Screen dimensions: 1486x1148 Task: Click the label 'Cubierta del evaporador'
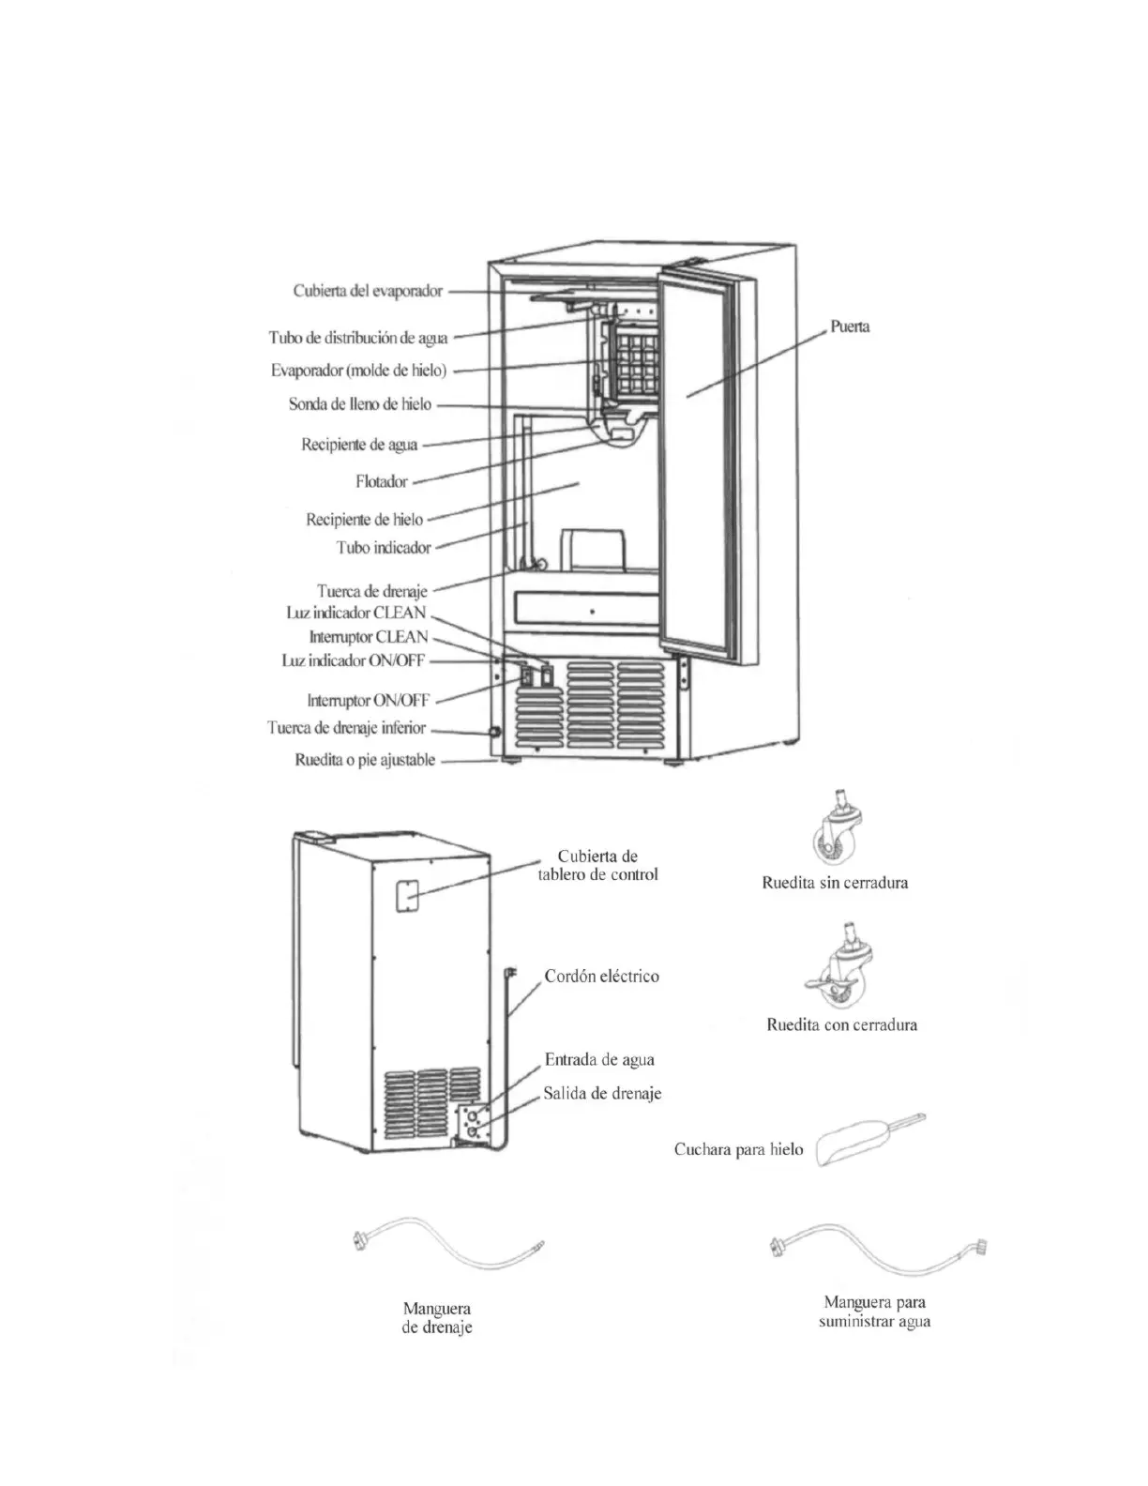pos(367,292)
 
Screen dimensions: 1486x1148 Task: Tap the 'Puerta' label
pos(850,327)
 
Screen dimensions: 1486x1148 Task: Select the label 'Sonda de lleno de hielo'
pos(360,405)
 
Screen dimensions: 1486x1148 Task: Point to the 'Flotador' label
pos(382,482)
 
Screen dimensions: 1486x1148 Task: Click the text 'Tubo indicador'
pos(384,548)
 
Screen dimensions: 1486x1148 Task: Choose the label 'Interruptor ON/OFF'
pos(369,700)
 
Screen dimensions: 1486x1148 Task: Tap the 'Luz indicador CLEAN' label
pos(356,614)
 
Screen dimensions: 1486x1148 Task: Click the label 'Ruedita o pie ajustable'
pos(365,761)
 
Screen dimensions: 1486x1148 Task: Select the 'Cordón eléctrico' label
pos(601,977)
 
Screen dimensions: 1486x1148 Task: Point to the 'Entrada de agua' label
pos(599,1060)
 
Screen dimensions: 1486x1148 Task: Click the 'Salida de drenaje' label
pos(602,1094)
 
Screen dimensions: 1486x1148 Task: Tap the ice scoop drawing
pos(870,1141)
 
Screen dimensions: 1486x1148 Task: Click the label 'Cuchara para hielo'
pos(738,1150)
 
